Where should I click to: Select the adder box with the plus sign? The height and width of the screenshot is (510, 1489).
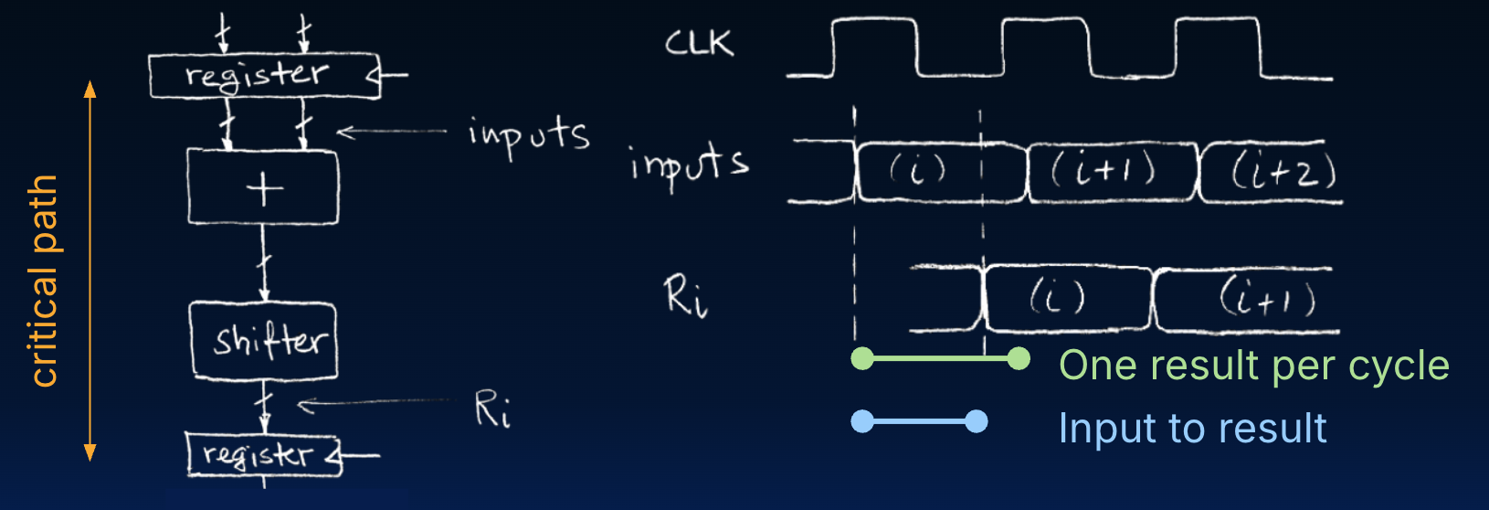[263, 187]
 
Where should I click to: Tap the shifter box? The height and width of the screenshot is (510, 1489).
[264, 341]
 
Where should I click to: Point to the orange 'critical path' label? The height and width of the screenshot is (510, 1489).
[44, 280]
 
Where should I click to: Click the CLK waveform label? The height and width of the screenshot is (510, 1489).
[699, 42]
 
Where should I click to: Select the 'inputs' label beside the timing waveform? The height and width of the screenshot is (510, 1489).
[689, 165]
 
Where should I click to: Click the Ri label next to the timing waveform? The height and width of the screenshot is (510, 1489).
[685, 296]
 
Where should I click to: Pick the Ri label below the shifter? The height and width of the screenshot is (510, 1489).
[492, 409]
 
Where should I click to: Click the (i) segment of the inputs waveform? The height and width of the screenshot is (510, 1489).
[918, 171]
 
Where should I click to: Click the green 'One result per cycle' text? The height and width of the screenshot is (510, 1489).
[1253, 366]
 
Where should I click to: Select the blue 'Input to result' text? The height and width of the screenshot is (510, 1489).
[1192, 429]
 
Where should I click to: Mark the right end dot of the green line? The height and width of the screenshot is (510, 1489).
[1019, 358]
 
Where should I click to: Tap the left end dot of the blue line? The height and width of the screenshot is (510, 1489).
[862, 421]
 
